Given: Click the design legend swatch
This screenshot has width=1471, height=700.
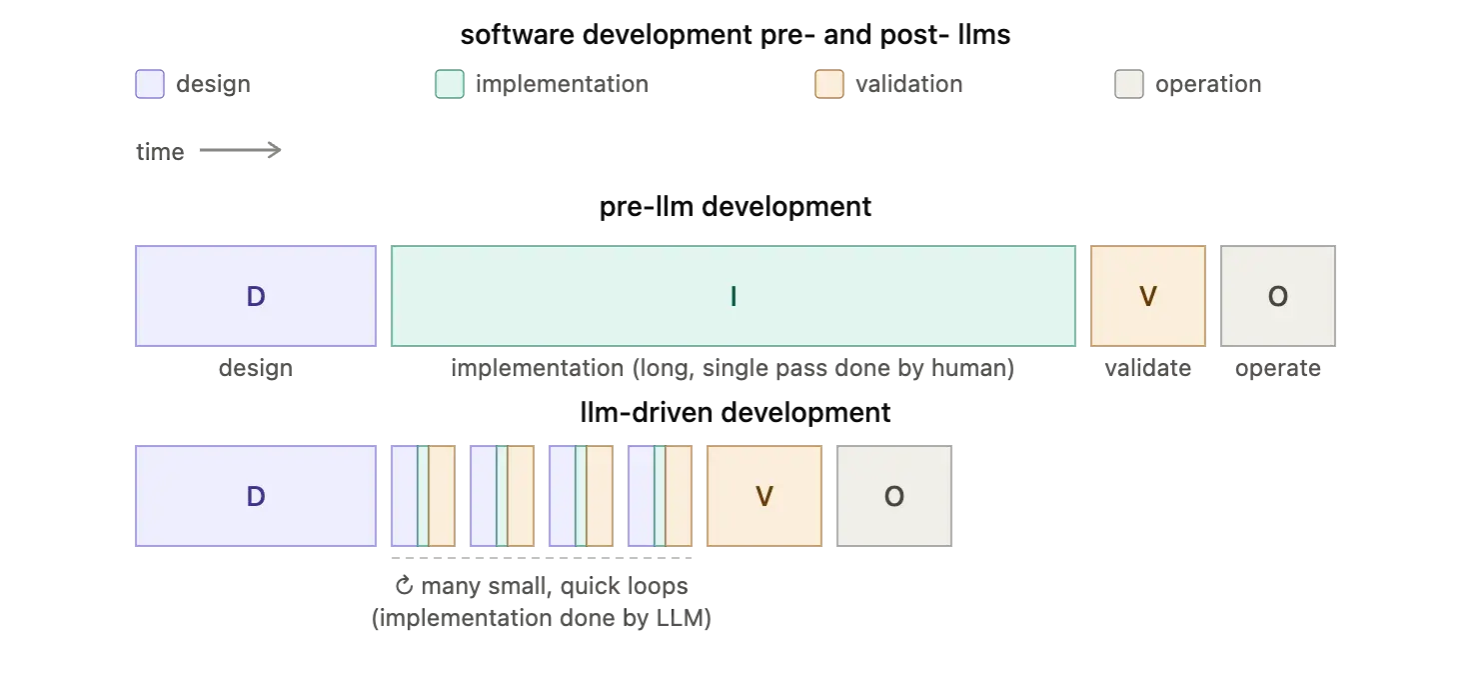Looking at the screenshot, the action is pyautogui.click(x=150, y=84).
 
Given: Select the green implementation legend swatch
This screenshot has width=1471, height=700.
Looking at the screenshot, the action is pyautogui.click(x=450, y=84).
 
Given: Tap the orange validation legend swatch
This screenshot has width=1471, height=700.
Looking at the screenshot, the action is pyautogui.click(x=829, y=84).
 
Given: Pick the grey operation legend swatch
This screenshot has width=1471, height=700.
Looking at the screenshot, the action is pyautogui.click(x=1129, y=84).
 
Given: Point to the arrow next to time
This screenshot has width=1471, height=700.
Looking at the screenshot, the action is pyautogui.click(x=241, y=151).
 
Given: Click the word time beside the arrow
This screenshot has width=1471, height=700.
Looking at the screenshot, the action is pyautogui.click(x=160, y=152).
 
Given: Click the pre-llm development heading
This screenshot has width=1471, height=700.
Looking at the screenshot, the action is pyautogui.click(x=735, y=206).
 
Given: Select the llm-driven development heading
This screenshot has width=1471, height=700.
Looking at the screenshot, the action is pyautogui.click(x=735, y=412).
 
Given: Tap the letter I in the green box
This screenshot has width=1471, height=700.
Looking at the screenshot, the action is pyautogui.click(x=734, y=296).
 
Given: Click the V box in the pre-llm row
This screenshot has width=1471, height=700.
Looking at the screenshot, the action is pyautogui.click(x=1148, y=296).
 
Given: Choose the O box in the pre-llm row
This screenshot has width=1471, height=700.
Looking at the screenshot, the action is pyautogui.click(x=1278, y=296).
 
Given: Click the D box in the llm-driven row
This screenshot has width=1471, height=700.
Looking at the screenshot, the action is pyautogui.click(x=256, y=496).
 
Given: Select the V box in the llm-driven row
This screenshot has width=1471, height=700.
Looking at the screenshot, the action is pyautogui.click(x=764, y=496).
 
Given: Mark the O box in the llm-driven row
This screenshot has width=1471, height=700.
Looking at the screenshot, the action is pyautogui.click(x=894, y=496).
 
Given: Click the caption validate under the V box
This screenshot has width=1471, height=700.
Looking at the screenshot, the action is pyautogui.click(x=1148, y=368).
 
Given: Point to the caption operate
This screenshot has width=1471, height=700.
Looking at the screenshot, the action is pyautogui.click(x=1278, y=369).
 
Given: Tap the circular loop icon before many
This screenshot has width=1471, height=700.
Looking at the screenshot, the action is pyautogui.click(x=404, y=585).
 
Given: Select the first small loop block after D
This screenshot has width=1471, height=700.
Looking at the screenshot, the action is pyautogui.click(x=423, y=496).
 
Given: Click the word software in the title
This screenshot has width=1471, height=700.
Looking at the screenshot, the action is pyautogui.click(x=517, y=34).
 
